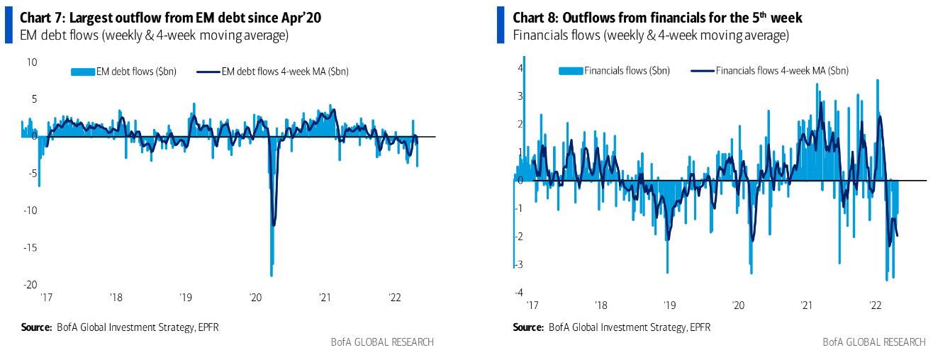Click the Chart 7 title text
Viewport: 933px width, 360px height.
coord(171,18)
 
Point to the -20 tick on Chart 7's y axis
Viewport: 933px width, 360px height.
coord(32,285)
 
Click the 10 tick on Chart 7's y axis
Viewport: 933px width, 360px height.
coord(32,62)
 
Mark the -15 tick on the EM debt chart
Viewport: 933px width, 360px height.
coord(32,248)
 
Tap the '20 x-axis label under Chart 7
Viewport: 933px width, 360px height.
coord(255,298)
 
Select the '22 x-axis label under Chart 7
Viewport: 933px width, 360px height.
coord(396,298)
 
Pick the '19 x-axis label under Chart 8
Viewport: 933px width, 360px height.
coord(669,305)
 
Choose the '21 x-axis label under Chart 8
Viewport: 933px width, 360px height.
coord(806,305)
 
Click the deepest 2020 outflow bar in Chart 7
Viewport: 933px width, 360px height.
coord(272,273)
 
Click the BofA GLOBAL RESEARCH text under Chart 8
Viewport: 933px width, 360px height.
coord(874,342)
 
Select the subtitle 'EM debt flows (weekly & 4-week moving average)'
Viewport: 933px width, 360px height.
coord(153,35)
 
